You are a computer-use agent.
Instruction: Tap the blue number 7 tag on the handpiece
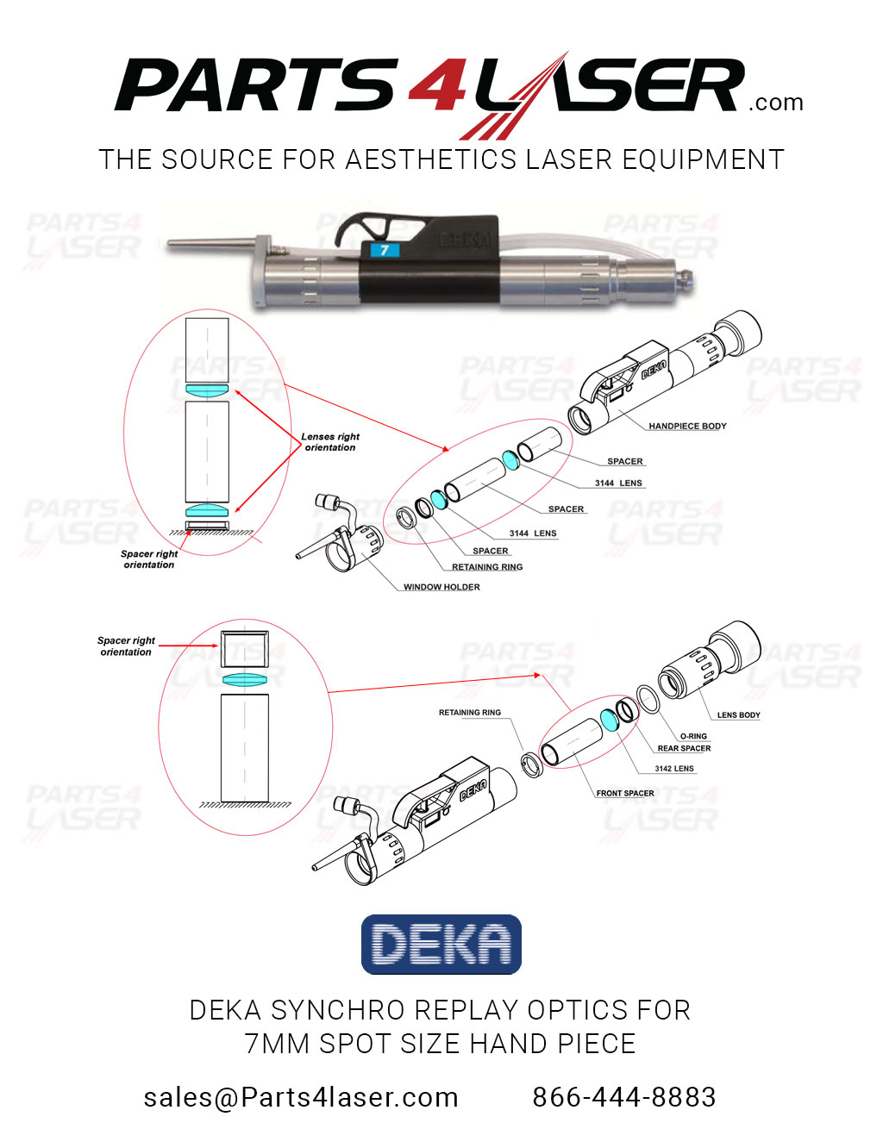(x=385, y=250)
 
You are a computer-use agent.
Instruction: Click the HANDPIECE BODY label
(x=687, y=426)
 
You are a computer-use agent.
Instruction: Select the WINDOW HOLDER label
(x=441, y=587)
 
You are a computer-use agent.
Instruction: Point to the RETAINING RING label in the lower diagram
(x=469, y=713)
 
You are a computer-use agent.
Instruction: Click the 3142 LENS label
(x=673, y=769)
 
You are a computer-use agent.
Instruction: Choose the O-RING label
(x=693, y=737)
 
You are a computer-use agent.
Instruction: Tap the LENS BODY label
(x=738, y=715)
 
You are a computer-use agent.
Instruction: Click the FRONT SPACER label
(x=625, y=793)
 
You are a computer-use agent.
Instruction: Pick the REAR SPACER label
(x=684, y=749)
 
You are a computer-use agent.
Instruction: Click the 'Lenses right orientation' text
(x=330, y=442)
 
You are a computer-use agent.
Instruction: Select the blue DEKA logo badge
(x=441, y=945)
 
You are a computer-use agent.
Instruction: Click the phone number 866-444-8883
(x=624, y=1097)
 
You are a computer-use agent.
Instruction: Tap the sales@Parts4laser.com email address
(x=301, y=1097)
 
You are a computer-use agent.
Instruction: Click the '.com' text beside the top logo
(x=776, y=103)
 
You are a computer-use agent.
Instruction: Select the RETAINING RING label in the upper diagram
(x=487, y=567)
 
